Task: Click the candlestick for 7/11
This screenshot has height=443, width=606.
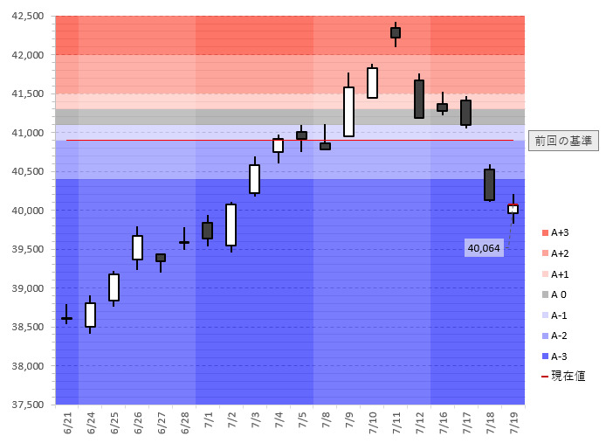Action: [x=396, y=32]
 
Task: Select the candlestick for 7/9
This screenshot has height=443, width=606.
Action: [x=348, y=111]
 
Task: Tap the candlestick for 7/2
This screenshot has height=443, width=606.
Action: [x=231, y=225]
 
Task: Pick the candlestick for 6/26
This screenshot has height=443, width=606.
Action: [x=137, y=247]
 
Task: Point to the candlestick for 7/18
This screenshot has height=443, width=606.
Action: [x=489, y=184]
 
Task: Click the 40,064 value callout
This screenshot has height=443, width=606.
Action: [x=485, y=248]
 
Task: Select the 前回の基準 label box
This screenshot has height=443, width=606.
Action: [x=563, y=140]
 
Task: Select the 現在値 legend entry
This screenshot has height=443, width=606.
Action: [x=563, y=377]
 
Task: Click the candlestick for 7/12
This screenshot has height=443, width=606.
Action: [x=419, y=99]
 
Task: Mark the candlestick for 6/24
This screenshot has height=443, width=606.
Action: [x=90, y=315]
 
